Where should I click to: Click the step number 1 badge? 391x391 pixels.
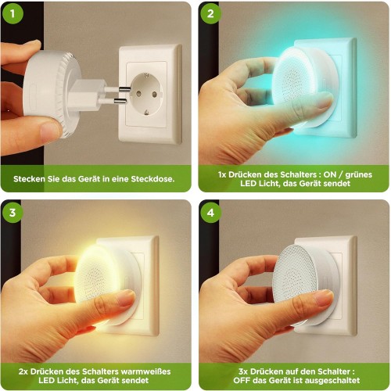coord(13,14)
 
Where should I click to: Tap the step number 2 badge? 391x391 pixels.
coord(209,14)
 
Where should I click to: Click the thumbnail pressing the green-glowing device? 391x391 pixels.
coord(323,102)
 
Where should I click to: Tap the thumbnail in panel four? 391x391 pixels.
coord(322,299)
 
